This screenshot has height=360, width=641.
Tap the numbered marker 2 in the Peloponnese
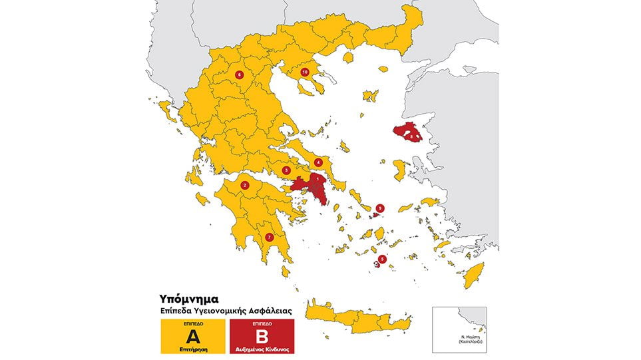(245, 186)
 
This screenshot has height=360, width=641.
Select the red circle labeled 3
(286, 170)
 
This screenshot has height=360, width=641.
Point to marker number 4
(318, 162)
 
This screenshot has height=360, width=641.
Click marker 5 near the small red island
(382, 259)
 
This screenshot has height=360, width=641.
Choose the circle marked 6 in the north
(239, 75)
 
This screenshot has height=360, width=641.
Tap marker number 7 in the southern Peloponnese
(270, 237)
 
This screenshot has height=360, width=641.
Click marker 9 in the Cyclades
(380, 208)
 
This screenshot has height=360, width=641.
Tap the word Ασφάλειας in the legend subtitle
(270, 311)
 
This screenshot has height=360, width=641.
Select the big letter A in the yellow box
(193, 335)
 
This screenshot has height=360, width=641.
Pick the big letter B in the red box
(261, 335)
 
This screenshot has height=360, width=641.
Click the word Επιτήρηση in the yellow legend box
(193, 347)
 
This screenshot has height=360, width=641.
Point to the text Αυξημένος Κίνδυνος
(261, 347)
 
